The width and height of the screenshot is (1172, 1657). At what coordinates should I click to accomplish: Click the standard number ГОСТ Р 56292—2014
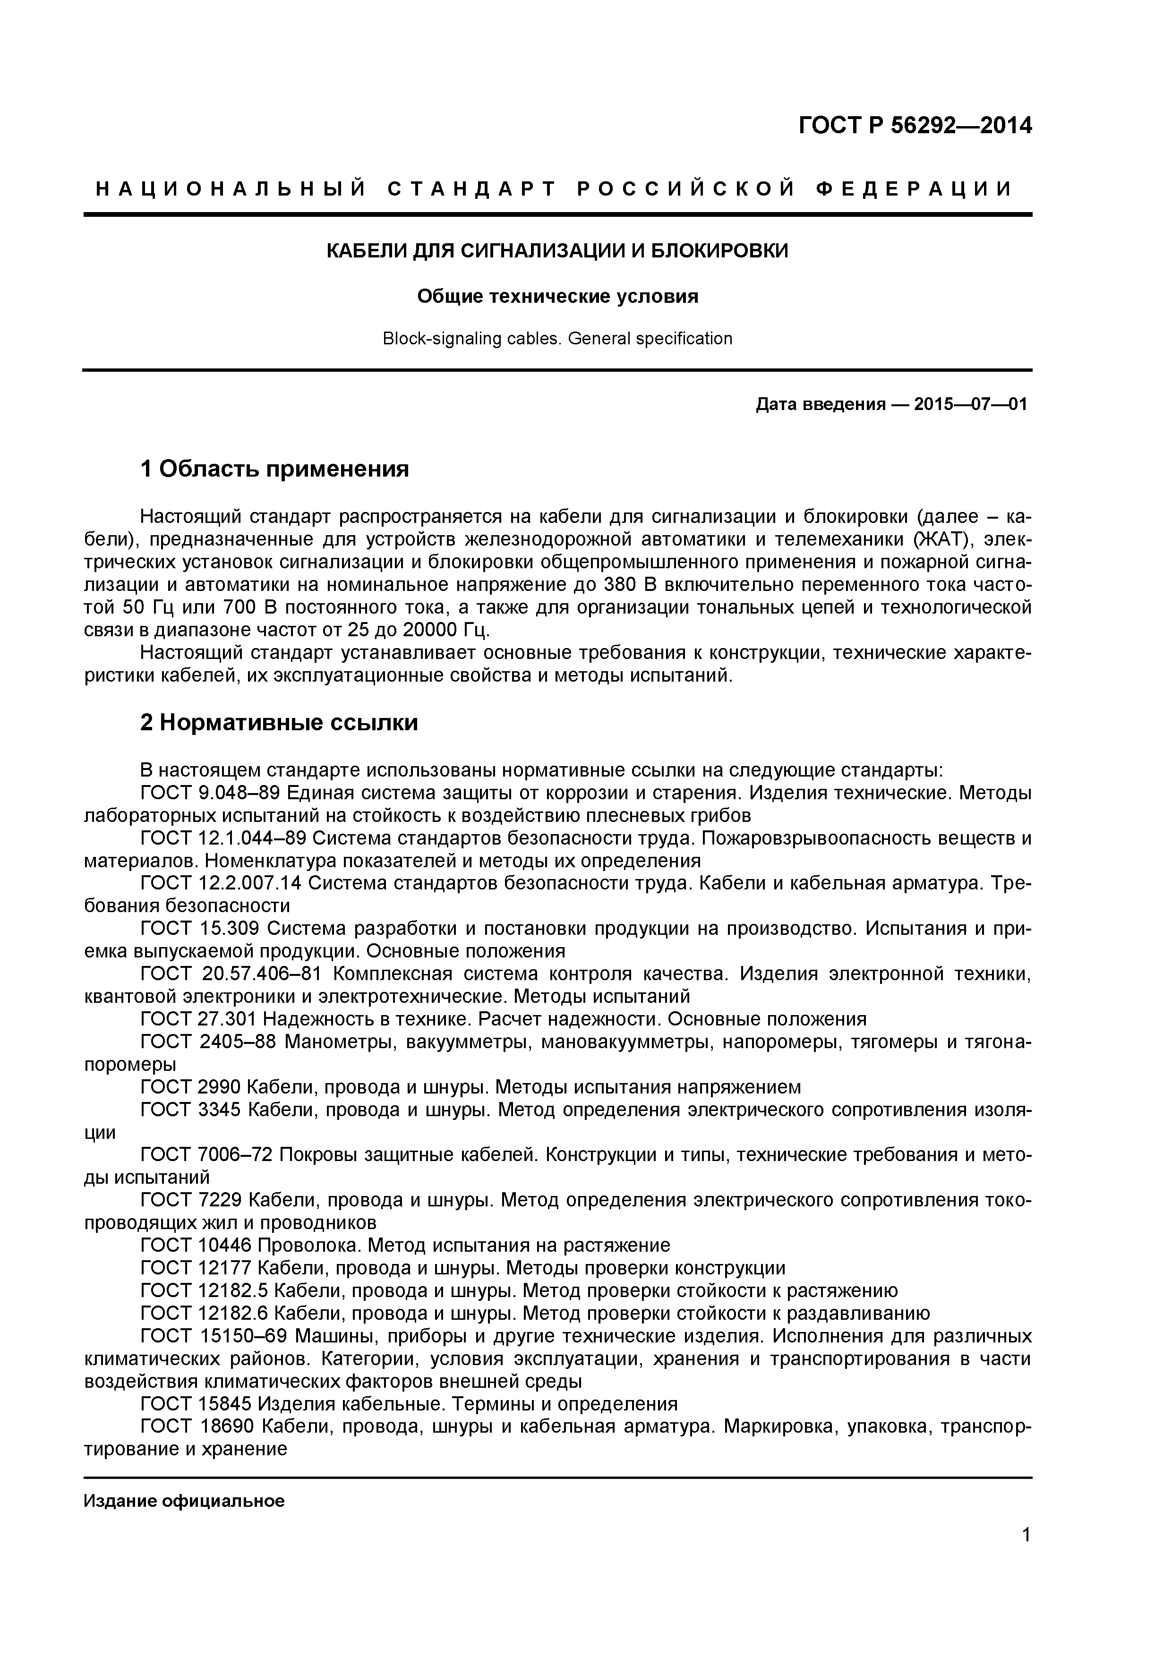point(915,126)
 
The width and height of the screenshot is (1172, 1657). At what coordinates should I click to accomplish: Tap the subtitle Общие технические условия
point(557,297)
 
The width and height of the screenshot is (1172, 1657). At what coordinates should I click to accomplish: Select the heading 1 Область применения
point(274,469)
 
